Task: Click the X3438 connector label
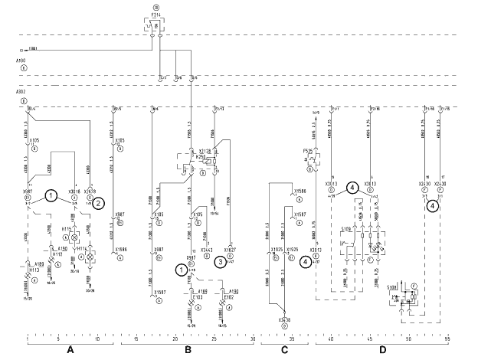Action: coord(285,319)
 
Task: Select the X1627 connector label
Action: coord(229,249)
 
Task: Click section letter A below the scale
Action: coord(70,350)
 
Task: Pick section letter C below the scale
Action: coord(284,350)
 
